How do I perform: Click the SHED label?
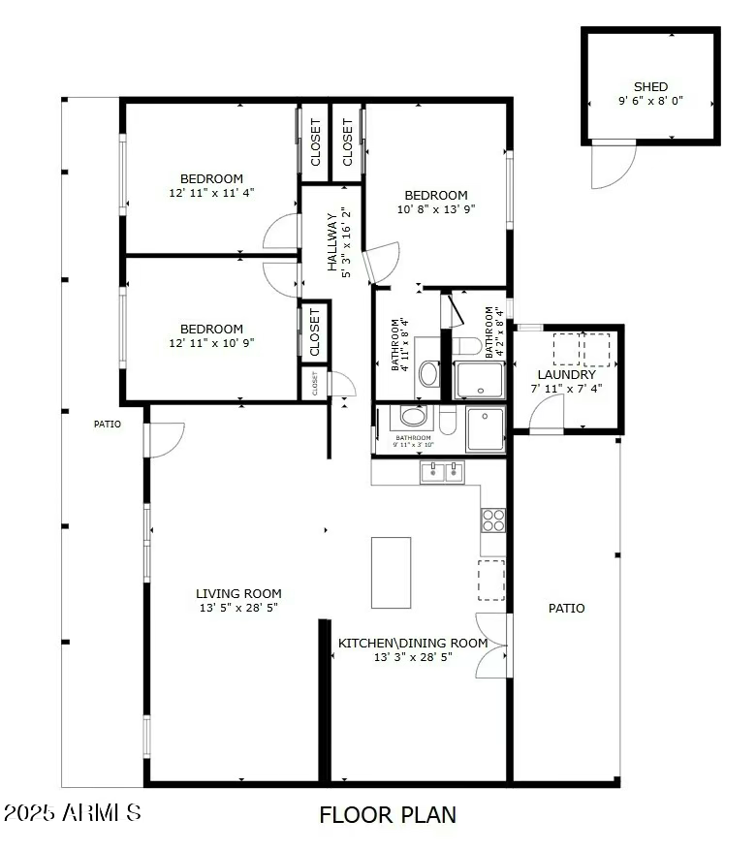650,86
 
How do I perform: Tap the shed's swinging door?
613,163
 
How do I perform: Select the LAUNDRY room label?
566,374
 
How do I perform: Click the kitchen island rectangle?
391,572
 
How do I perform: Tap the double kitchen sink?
444,472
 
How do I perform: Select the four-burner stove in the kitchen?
493,520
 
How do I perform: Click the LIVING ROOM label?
238,594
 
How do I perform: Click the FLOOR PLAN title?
388,815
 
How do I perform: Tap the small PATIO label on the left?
108,424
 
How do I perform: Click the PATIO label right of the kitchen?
566,609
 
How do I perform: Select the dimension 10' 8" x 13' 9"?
436,208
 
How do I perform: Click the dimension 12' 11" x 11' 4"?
211,193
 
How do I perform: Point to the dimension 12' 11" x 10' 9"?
211,343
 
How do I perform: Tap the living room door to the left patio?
165,439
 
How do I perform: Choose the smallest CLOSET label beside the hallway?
314,384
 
